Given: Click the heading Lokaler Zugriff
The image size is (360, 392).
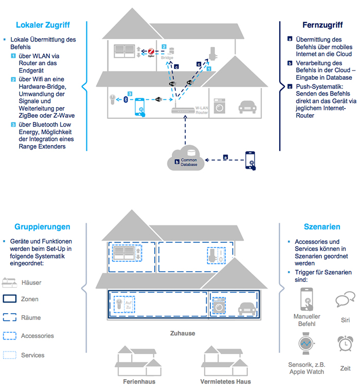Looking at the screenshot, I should (x=43, y=25).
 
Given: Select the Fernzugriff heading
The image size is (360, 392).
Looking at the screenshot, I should (x=321, y=25).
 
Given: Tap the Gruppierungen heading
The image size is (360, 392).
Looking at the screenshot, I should (x=43, y=227).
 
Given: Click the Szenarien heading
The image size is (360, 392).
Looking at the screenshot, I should (x=322, y=227).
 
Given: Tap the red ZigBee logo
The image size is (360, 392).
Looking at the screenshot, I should (x=151, y=51).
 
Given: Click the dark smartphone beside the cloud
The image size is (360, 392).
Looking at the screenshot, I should (x=251, y=160).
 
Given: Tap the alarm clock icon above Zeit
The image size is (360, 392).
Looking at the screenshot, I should (x=345, y=344).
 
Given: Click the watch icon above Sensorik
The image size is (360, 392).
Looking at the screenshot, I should (x=307, y=343).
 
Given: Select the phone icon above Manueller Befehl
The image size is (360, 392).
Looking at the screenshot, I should (x=307, y=299).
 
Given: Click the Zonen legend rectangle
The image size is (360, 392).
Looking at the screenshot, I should (x=10, y=299).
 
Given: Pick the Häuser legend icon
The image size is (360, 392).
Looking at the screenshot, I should (x=10, y=282).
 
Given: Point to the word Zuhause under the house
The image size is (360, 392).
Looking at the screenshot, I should (x=183, y=333).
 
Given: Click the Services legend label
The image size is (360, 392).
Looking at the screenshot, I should (x=33, y=355).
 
